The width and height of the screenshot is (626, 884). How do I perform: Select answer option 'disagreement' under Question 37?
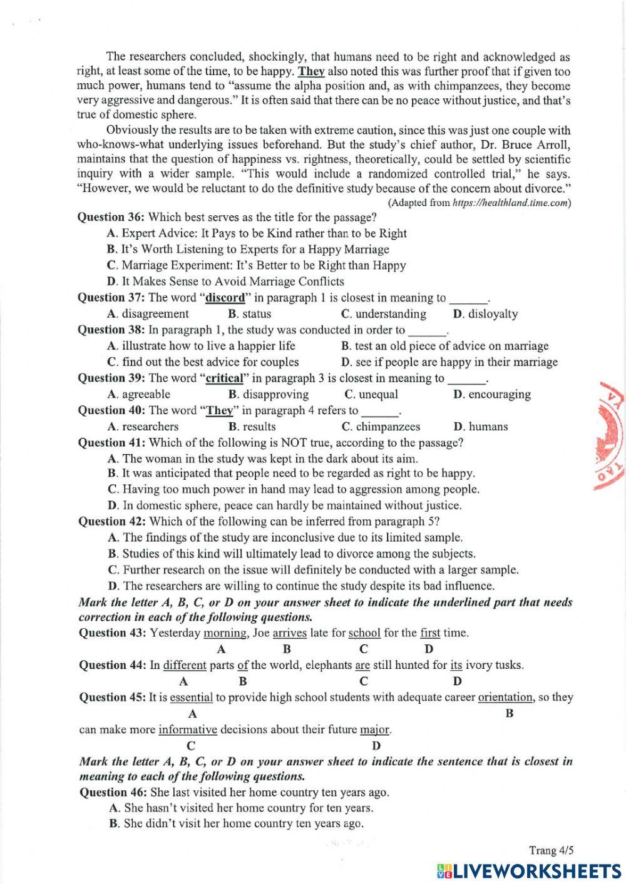point(155,314)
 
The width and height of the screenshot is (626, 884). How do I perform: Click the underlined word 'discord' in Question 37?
point(225,298)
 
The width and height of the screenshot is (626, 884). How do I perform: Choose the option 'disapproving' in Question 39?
point(275,394)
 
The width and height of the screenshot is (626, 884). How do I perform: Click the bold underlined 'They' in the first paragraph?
point(311,71)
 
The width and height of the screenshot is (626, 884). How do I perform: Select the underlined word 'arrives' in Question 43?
point(289,633)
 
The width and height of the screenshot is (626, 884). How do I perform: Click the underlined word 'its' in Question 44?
point(456,665)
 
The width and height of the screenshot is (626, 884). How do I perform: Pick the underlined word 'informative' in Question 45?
point(188,729)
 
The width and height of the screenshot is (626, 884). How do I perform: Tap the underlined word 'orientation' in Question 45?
point(505,697)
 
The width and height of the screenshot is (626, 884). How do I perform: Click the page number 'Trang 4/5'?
point(551,850)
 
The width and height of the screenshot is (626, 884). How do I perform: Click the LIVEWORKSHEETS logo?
point(528,870)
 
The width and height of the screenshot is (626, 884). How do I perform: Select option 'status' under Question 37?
point(256,314)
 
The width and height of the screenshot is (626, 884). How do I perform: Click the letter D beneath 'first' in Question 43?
point(429,649)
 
